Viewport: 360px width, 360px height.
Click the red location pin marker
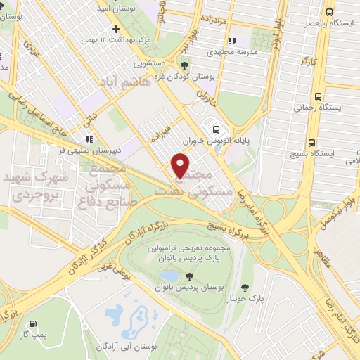181,166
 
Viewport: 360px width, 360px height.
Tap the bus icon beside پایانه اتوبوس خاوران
216,129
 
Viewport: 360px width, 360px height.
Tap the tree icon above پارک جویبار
245,288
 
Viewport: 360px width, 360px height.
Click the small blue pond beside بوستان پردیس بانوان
169,276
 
